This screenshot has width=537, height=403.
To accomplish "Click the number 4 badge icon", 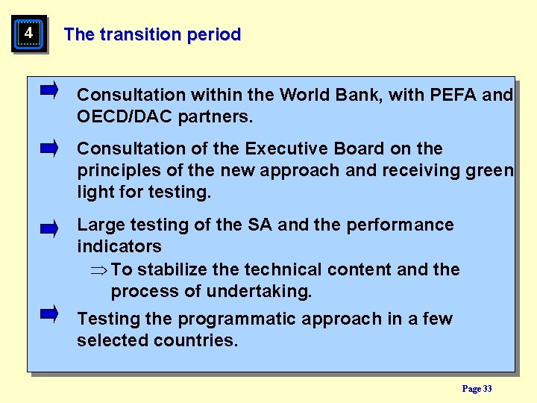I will (x=28, y=34).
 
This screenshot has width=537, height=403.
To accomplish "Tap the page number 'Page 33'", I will (x=477, y=389).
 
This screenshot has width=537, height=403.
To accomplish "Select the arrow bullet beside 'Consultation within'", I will (x=49, y=91).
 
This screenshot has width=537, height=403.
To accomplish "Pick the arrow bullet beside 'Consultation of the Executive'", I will (x=49, y=149).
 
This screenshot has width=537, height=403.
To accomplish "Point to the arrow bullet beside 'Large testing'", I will (x=49, y=228).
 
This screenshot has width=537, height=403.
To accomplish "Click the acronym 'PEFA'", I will (x=454, y=95).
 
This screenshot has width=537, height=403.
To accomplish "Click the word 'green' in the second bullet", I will (x=488, y=170).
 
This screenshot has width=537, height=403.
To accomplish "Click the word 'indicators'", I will (x=119, y=246).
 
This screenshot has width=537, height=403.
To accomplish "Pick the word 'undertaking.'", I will (x=261, y=291).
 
